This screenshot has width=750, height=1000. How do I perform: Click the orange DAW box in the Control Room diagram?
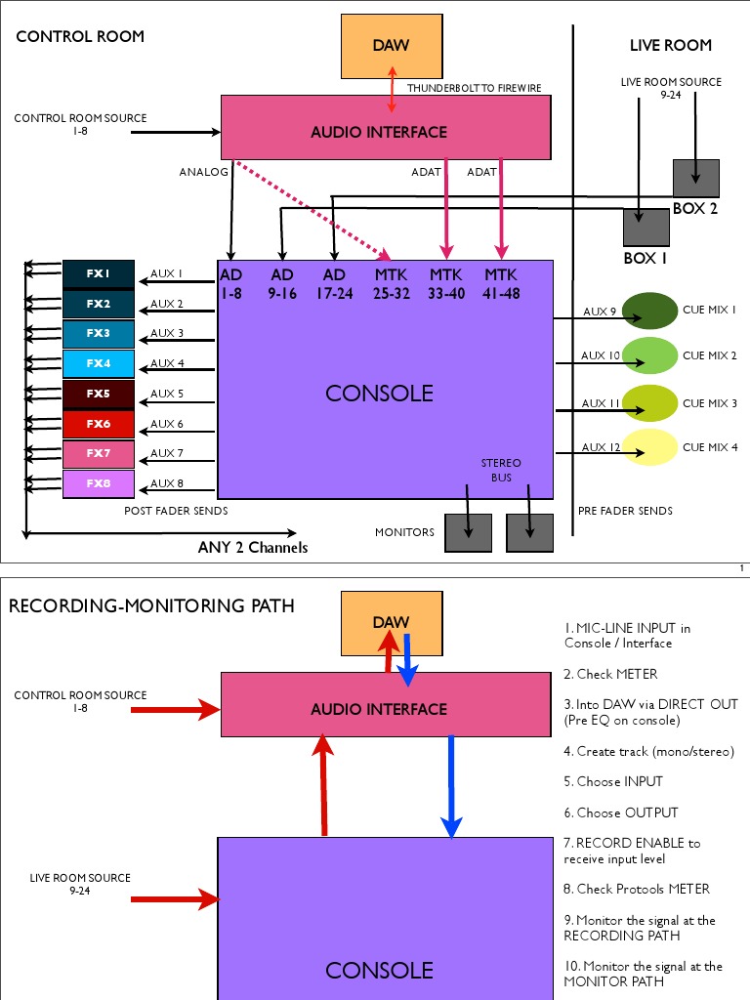click(392, 46)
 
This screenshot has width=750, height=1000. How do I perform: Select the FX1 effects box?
click(98, 274)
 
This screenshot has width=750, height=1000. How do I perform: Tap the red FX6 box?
click(98, 424)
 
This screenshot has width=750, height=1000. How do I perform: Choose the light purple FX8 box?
click(98, 483)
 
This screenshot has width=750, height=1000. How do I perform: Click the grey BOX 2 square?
click(695, 178)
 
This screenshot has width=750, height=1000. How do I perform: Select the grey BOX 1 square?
click(646, 227)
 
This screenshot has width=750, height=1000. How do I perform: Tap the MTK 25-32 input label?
click(391, 283)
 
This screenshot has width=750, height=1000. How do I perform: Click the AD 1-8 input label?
click(231, 283)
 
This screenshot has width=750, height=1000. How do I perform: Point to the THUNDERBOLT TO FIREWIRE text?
click(474, 88)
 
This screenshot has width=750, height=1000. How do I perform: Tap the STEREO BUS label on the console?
click(500, 470)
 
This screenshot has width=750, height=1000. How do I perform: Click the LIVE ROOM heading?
click(670, 45)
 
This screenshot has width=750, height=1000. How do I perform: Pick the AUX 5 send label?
click(167, 394)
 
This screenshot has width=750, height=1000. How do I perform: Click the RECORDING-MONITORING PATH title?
click(151, 606)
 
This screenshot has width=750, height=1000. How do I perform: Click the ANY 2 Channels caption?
click(252, 547)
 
